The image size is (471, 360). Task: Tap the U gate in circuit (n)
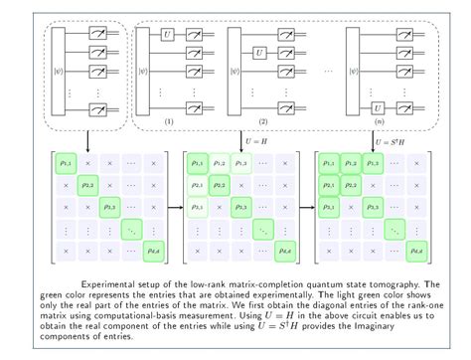point(377,104)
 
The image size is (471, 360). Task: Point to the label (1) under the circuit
point(171,121)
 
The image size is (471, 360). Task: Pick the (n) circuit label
point(381,121)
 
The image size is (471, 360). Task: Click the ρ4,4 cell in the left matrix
point(155,253)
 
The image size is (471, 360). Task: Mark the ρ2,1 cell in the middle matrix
point(197,184)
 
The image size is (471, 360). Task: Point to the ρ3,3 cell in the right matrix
point(370,207)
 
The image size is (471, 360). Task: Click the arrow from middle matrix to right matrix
point(305,208)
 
